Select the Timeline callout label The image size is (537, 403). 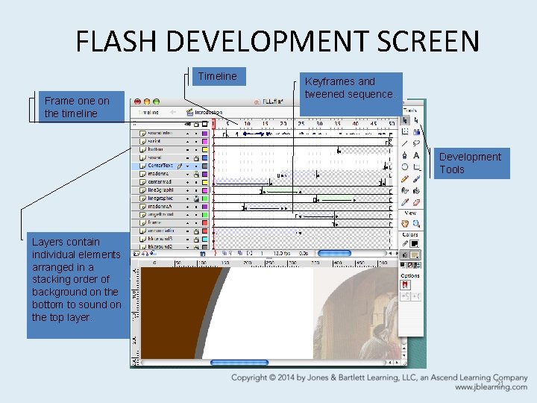click(x=217, y=76)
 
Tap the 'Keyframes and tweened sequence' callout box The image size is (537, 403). click(x=351, y=88)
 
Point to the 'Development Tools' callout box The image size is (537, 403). click(x=471, y=163)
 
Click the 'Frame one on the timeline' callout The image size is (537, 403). click(x=77, y=107)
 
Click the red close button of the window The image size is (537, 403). click(x=136, y=101)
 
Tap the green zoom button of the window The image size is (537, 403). click(x=155, y=101)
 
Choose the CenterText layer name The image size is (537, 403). click(x=160, y=166)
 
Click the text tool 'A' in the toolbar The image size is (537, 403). click(x=416, y=155)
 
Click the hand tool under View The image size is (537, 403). click(x=405, y=222)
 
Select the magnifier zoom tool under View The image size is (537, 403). click(x=416, y=222)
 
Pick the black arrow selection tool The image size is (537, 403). click(x=405, y=119)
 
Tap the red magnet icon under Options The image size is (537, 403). click(x=405, y=284)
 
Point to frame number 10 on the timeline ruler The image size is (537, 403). click(x=247, y=123)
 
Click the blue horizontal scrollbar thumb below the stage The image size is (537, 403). click(x=239, y=363)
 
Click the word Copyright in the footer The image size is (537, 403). click(x=254, y=378)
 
